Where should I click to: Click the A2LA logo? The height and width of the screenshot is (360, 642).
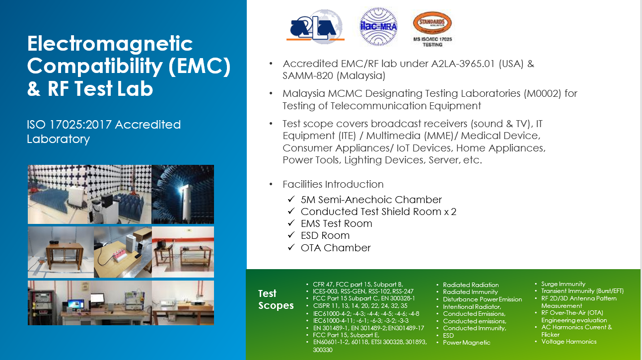(315, 27)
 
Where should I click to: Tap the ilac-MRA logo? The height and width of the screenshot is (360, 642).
(378, 27)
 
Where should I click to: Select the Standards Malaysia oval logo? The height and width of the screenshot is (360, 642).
(432, 23)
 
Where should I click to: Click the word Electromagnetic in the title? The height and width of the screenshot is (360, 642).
(110, 44)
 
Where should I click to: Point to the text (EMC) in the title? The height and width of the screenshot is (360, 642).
(200, 66)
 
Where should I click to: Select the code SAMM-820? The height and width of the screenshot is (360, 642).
(308, 75)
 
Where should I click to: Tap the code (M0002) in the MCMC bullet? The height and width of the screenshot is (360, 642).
(542, 93)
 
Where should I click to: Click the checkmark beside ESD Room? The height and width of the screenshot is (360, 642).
(291, 235)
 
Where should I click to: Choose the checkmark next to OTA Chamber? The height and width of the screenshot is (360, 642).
(291, 247)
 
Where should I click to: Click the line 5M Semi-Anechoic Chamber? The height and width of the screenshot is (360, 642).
(371, 200)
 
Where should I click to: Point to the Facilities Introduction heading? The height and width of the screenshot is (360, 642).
(333, 184)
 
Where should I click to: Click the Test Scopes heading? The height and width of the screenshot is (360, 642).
(276, 299)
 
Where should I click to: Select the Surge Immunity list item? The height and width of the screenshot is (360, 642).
(563, 284)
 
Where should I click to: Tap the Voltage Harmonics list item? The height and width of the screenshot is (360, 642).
(569, 341)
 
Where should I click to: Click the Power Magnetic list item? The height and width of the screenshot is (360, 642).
(467, 343)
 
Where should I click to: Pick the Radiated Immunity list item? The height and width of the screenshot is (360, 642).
(470, 292)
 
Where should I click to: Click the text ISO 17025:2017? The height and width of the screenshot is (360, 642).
(69, 125)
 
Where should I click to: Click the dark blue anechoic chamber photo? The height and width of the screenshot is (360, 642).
(183, 194)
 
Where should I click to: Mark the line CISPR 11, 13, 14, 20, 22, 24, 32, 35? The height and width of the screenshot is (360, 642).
(360, 305)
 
